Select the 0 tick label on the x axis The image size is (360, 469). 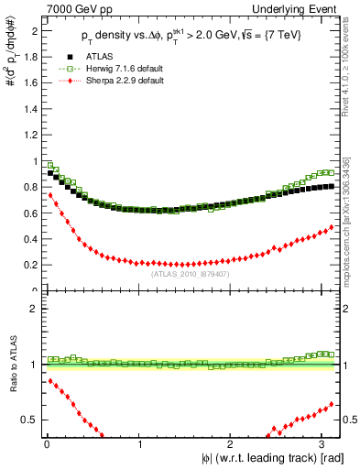(47, 442)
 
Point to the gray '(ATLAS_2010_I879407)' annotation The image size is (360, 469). (190, 272)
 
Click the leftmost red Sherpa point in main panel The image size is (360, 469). (50, 195)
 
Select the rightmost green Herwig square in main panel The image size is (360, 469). (330, 172)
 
